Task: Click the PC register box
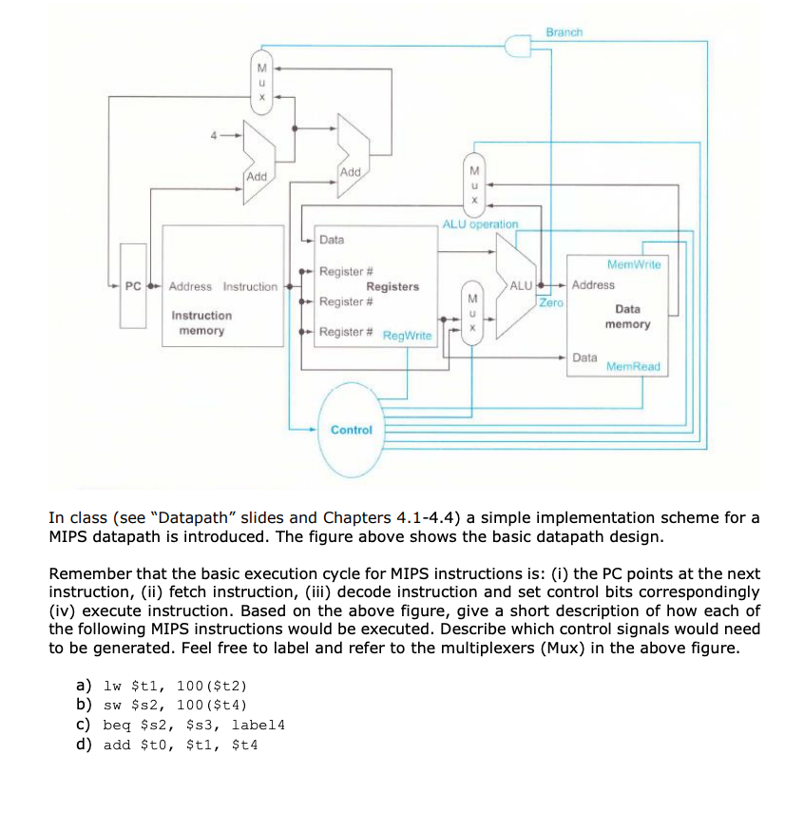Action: [133, 286]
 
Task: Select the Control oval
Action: [352, 429]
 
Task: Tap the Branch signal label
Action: [564, 32]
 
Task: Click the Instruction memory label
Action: [201, 322]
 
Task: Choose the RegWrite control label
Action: [407, 336]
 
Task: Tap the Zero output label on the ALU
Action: [550, 302]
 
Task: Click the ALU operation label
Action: [480, 223]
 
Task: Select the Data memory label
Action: [627, 317]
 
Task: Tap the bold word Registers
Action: [392, 286]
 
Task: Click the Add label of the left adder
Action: [257, 177]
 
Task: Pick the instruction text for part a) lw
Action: [163, 686]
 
